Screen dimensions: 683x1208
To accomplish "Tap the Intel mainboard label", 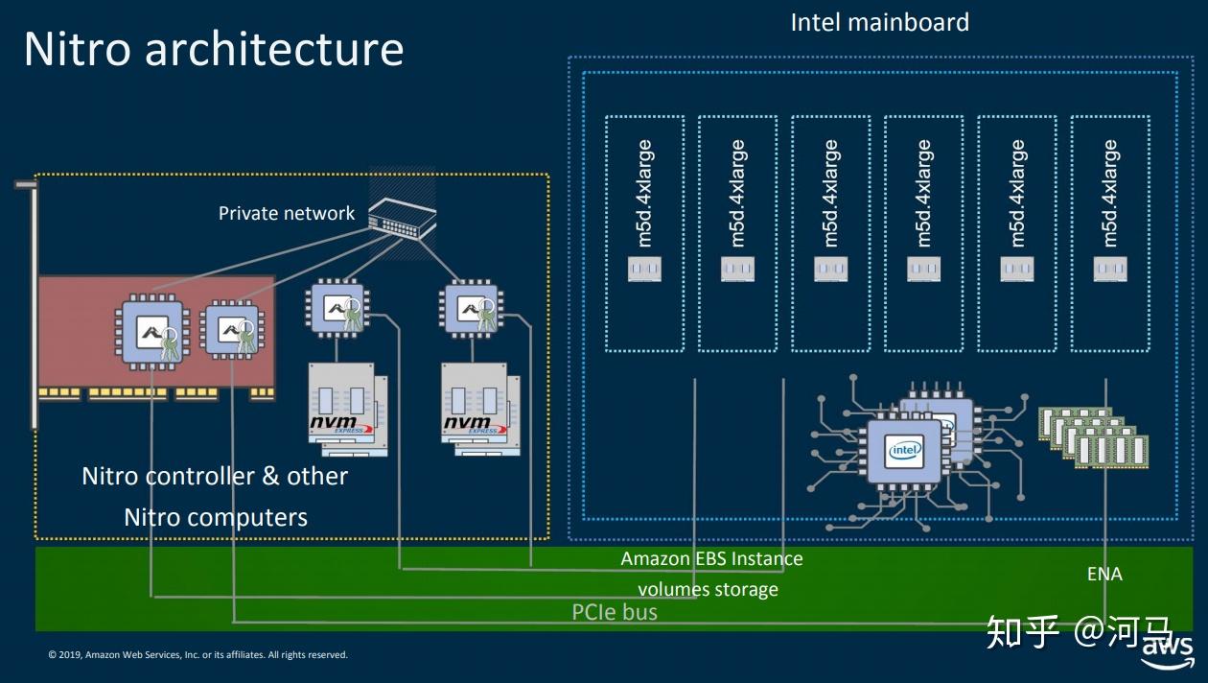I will point(879,22).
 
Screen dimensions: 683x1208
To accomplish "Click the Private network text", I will point(287,213).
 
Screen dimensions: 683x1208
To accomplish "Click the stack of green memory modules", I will point(1094,436).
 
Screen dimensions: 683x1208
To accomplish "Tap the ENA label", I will point(1104,574).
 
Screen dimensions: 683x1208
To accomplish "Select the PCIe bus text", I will point(615,611).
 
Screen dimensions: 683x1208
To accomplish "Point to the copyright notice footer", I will point(197,655).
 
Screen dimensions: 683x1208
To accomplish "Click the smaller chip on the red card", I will point(231,329).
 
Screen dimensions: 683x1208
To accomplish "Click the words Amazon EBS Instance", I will point(711,558).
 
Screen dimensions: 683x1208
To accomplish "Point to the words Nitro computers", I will point(216,518).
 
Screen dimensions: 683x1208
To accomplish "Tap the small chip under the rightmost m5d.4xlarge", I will point(1110,270).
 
